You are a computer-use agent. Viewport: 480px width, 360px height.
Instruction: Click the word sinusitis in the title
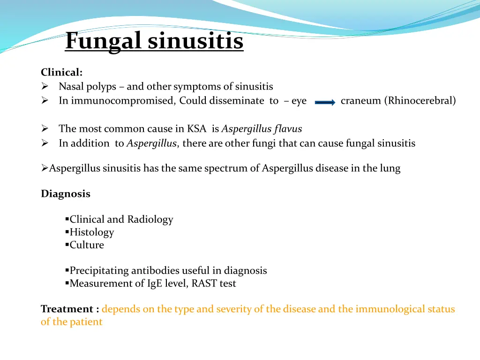point(195,41)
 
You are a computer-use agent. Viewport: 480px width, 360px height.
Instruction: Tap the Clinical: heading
point(61,73)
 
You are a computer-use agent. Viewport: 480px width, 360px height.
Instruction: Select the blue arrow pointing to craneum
point(325,102)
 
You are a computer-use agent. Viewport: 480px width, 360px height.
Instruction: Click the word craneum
point(360,101)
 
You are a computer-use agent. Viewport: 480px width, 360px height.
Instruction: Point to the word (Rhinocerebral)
point(420,101)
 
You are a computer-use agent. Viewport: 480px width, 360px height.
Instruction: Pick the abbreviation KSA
point(197,129)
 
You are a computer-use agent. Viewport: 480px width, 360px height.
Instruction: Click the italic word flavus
point(287,129)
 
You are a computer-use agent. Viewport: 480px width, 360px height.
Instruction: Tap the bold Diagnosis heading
point(65,194)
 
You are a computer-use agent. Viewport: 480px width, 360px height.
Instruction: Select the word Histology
point(92,232)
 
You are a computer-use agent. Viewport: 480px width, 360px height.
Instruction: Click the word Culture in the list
point(87,245)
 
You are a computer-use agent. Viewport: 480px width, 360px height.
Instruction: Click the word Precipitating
point(99,271)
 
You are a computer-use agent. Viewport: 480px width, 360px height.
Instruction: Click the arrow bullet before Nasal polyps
point(45,87)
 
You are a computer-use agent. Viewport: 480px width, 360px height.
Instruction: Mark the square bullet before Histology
point(67,232)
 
